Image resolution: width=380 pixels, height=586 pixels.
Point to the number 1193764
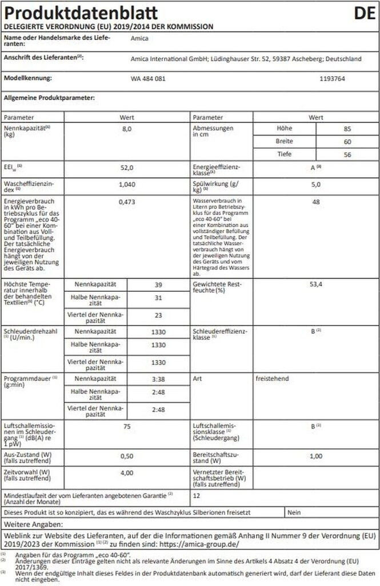(x=332, y=78)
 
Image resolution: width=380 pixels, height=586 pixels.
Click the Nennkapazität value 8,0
(x=127, y=129)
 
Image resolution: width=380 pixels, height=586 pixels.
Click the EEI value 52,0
(x=127, y=168)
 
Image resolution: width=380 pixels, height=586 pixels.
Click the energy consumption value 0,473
(x=127, y=201)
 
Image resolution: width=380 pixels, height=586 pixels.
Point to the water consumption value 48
(x=316, y=201)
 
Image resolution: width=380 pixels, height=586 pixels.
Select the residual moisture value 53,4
(x=316, y=284)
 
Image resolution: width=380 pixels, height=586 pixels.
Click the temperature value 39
(x=158, y=284)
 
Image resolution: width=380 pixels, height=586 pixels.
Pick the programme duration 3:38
(x=158, y=379)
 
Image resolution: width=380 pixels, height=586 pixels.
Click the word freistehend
(x=273, y=379)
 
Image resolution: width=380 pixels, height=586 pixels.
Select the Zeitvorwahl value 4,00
(x=127, y=473)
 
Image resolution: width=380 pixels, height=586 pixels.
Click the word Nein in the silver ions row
(x=295, y=512)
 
